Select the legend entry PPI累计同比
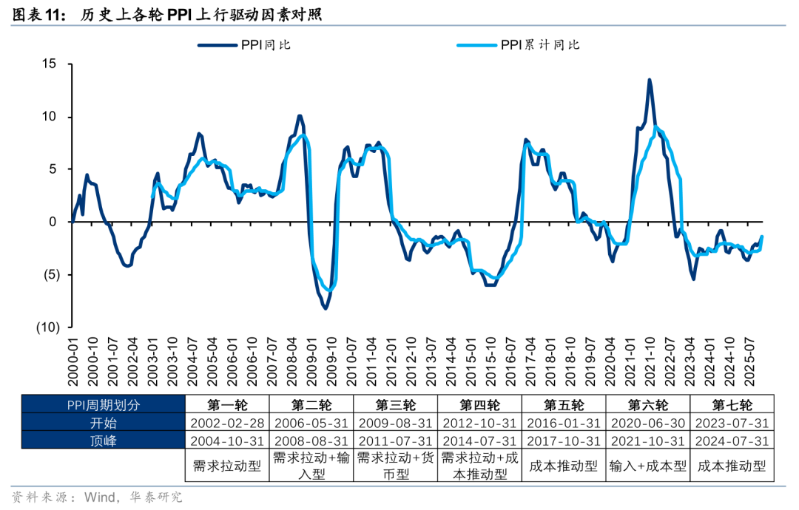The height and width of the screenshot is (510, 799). click(539, 45)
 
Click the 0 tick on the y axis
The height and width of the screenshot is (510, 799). click(53, 222)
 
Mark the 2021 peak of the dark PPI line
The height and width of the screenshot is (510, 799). click(650, 80)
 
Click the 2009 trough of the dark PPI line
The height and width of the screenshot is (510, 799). click(326, 308)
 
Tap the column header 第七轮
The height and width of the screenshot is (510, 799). click(732, 405)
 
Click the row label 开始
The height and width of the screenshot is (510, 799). click(103, 423)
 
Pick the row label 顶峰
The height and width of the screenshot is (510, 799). click(103, 441)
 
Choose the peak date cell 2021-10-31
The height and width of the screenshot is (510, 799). click(648, 441)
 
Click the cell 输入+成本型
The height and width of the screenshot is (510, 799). click(648, 466)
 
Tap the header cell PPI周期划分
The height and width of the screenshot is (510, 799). click(103, 405)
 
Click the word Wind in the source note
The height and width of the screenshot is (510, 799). click(101, 497)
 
